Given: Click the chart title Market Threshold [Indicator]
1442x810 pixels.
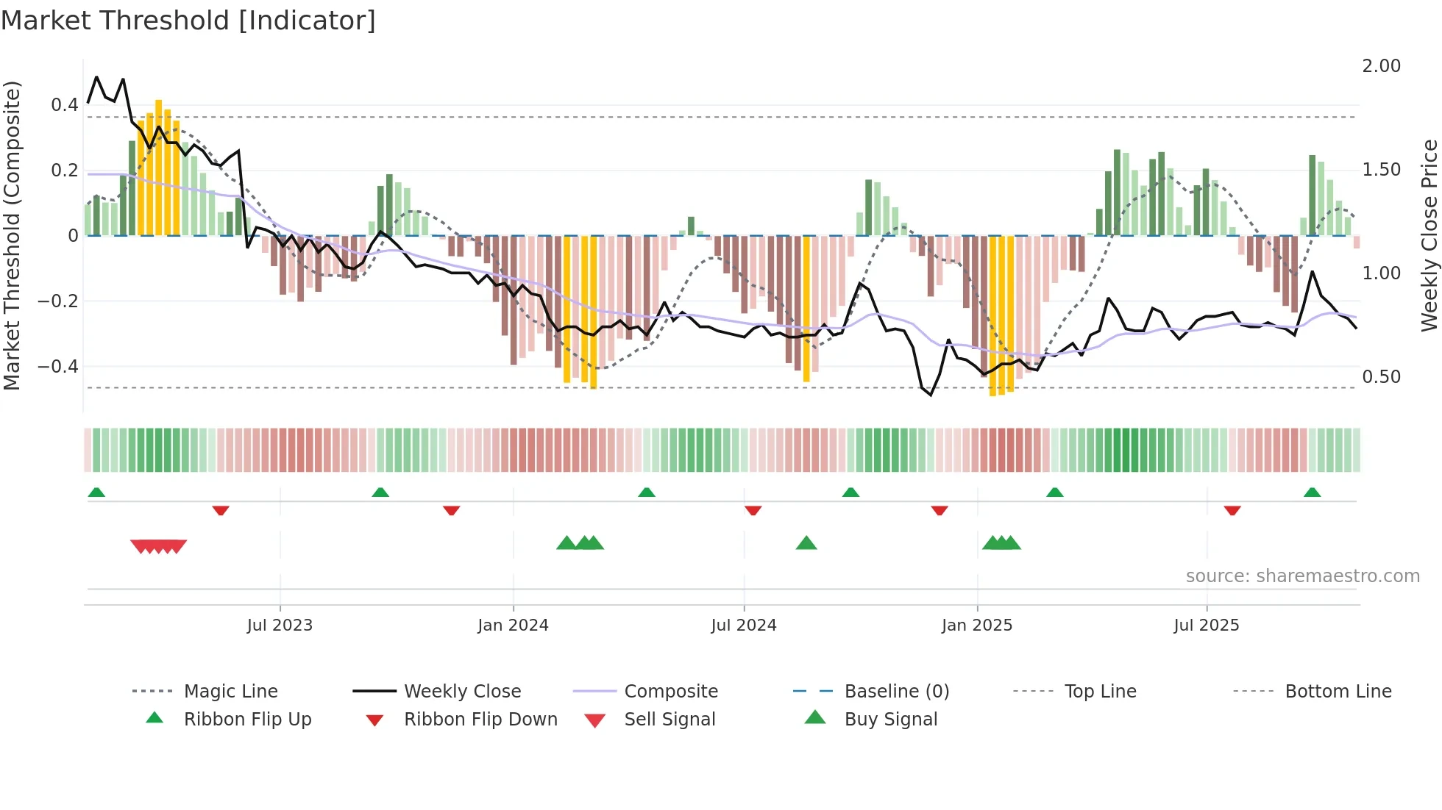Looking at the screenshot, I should tap(188, 21).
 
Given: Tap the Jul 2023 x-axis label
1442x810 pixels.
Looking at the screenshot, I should tap(280, 626).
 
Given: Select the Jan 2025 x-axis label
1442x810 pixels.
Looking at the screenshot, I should tap(976, 626).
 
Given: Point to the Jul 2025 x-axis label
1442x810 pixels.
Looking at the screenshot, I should tap(1206, 626).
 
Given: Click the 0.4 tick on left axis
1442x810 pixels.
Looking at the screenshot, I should tap(65, 105).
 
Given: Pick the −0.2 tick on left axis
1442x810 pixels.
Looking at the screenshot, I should tap(58, 301).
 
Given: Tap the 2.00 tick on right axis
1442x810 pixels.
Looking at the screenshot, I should tap(1381, 66).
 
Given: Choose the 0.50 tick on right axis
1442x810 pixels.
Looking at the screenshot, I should tap(1381, 377).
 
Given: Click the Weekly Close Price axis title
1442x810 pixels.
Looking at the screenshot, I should tap(1429, 235).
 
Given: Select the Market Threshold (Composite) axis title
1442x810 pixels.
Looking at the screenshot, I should tap(12, 235).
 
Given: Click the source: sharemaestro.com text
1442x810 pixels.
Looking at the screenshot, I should tap(1302, 576).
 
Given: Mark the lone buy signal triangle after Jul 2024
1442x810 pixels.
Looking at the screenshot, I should tap(806, 543).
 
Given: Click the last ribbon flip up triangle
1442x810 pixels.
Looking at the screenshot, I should tap(1312, 492).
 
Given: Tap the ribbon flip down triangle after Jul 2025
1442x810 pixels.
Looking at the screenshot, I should tap(1232, 510).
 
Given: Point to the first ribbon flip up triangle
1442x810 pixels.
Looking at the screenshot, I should tap(96, 492).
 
